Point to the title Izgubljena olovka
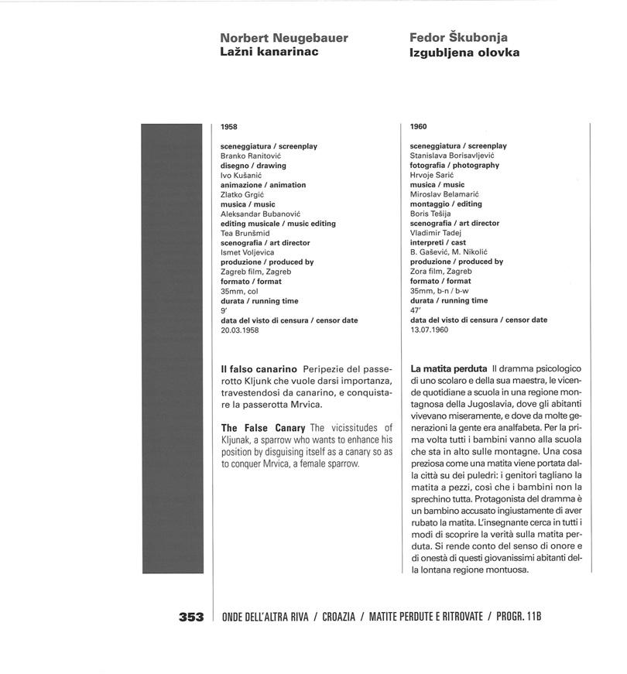tap(464, 53)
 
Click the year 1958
tap(228, 126)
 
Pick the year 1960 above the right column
tap(418, 126)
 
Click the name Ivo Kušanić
tap(242, 175)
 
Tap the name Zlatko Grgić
tap(242, 194)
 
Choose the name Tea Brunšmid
tap(245, 233)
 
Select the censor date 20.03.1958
tap(239, 330)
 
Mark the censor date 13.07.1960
tap(429, 330)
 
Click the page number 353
tap(191, 617)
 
